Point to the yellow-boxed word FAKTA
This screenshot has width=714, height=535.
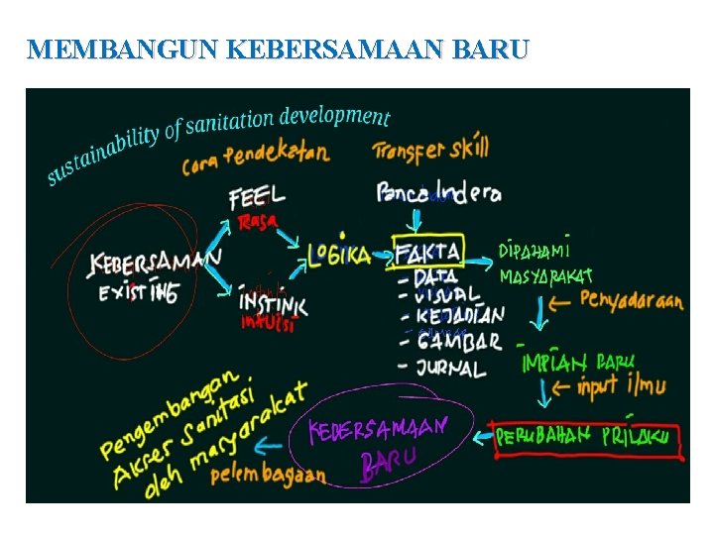click(427, 251)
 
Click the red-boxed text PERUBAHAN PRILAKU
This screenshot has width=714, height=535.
click(583, 437)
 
